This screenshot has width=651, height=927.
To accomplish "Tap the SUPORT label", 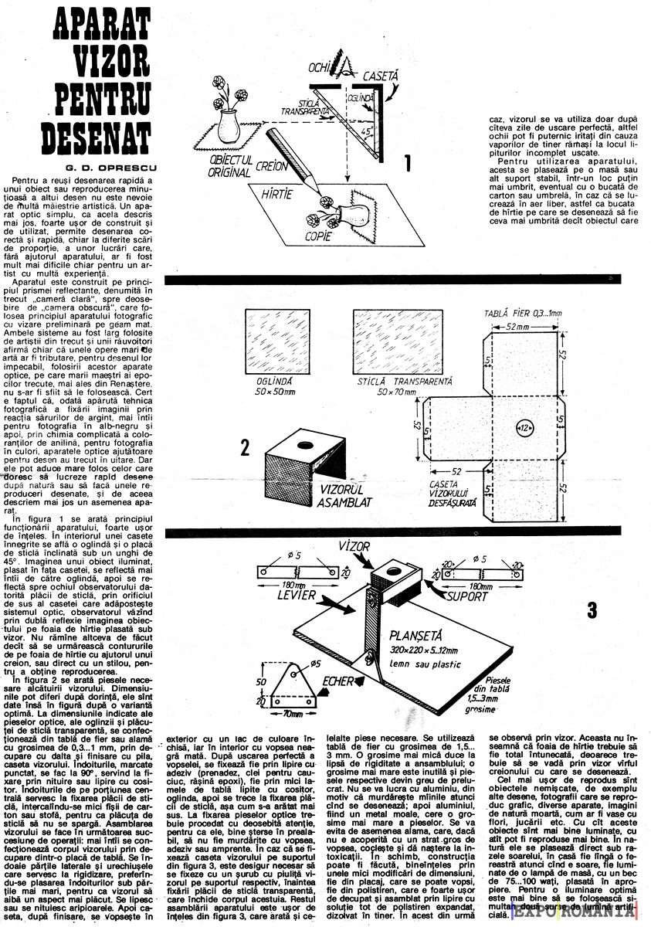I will click(470, 596).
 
